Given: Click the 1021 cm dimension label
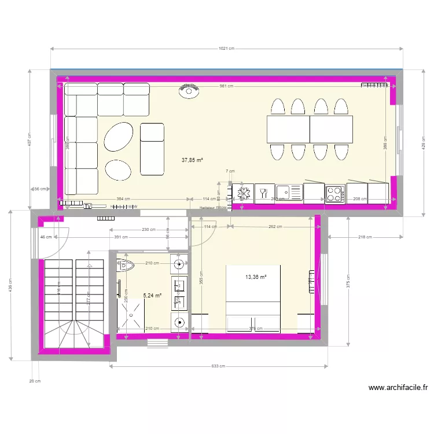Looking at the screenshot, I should click(227, 49).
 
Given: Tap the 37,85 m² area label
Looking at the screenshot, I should click(192, 160).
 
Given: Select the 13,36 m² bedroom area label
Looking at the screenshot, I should click(255, 277).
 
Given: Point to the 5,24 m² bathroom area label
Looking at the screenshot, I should click(152, 295).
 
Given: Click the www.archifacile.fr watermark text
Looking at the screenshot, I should click(398, 388).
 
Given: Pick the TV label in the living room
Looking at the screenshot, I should click(88, 206).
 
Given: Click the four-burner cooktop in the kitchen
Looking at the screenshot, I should click(335, 193).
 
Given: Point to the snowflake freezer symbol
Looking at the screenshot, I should click(243, 193).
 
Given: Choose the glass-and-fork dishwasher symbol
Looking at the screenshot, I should click(264, 193).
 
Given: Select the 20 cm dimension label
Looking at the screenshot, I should click(35, 381).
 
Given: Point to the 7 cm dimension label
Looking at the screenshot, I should click(230, 171).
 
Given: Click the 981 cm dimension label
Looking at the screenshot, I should click(226, 86).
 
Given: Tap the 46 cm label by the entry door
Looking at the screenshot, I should click(46, 237).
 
